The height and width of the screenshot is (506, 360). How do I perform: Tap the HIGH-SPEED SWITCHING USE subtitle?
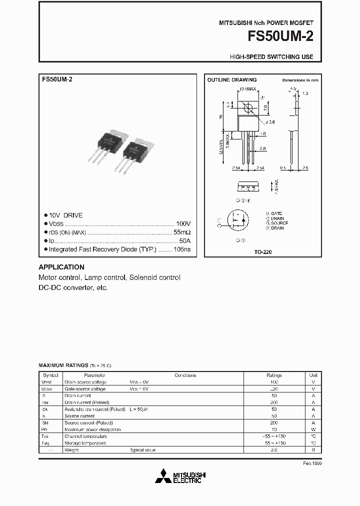point(271,57)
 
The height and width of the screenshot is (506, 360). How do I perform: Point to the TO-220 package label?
point(263,252)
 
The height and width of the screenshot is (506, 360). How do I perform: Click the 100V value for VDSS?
point(183,223)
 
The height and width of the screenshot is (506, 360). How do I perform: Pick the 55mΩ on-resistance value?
point(181,232)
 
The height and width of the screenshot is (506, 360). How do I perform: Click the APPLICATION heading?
point(61,267)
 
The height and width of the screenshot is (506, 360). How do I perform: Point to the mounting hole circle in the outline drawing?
point(247,107)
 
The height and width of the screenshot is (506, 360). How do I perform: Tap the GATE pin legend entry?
point(274,213)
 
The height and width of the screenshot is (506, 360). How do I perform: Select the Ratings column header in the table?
point(274,375)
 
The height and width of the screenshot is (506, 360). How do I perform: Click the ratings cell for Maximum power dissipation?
point(274,429)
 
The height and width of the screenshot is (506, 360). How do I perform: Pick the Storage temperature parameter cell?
point(85,443)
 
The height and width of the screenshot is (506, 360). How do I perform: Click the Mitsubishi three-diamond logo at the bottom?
point(162,476)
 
